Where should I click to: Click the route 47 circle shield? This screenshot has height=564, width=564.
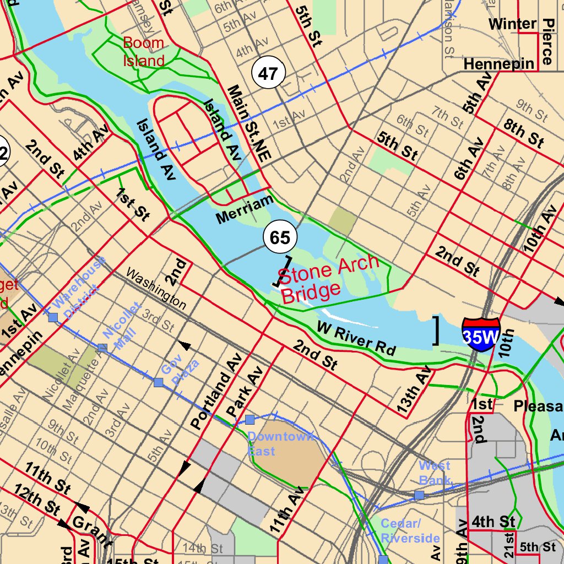(268, 73)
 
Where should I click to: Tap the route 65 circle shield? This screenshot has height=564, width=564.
(280, 237)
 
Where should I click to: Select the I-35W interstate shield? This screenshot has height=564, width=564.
(481, 334)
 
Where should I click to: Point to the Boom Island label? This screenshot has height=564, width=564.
(143, 52)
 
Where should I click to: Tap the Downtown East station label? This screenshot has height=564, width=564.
(280, 444)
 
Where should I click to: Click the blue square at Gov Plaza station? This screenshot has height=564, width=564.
(159, 382)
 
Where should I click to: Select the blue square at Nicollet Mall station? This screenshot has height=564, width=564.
(102, 348)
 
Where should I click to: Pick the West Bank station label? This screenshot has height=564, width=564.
(435, 473)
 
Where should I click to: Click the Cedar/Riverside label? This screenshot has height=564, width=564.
(410, 530)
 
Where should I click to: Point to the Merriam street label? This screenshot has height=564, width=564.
(245, 209)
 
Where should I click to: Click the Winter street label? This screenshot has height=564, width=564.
(512, 24)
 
